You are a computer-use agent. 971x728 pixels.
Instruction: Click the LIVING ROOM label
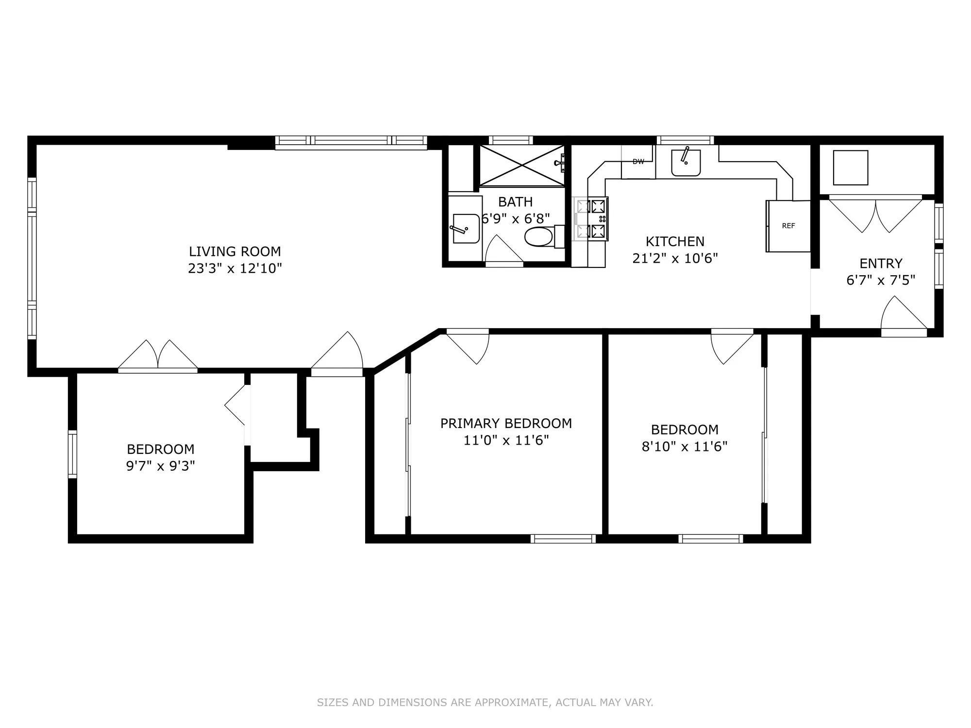234,251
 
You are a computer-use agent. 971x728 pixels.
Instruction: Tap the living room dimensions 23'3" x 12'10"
234,268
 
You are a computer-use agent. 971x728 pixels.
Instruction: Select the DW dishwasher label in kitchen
638,162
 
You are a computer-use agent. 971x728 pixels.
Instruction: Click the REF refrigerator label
788,226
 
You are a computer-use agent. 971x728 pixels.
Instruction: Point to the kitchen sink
686,163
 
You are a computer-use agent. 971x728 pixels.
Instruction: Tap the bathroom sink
465,228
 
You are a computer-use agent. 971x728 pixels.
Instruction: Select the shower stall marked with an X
522,165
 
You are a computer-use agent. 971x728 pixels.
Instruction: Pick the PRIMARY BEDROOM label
506,423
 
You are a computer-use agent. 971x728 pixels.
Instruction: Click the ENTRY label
881,264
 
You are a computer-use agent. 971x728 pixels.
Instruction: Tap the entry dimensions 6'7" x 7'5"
881,281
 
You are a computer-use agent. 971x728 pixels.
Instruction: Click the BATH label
515,201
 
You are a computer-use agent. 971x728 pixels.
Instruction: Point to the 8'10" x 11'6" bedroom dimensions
685,447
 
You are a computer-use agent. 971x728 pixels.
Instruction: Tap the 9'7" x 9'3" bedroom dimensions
160,466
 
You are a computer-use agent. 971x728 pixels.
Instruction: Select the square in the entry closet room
850,167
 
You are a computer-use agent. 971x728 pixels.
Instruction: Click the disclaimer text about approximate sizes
485,702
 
